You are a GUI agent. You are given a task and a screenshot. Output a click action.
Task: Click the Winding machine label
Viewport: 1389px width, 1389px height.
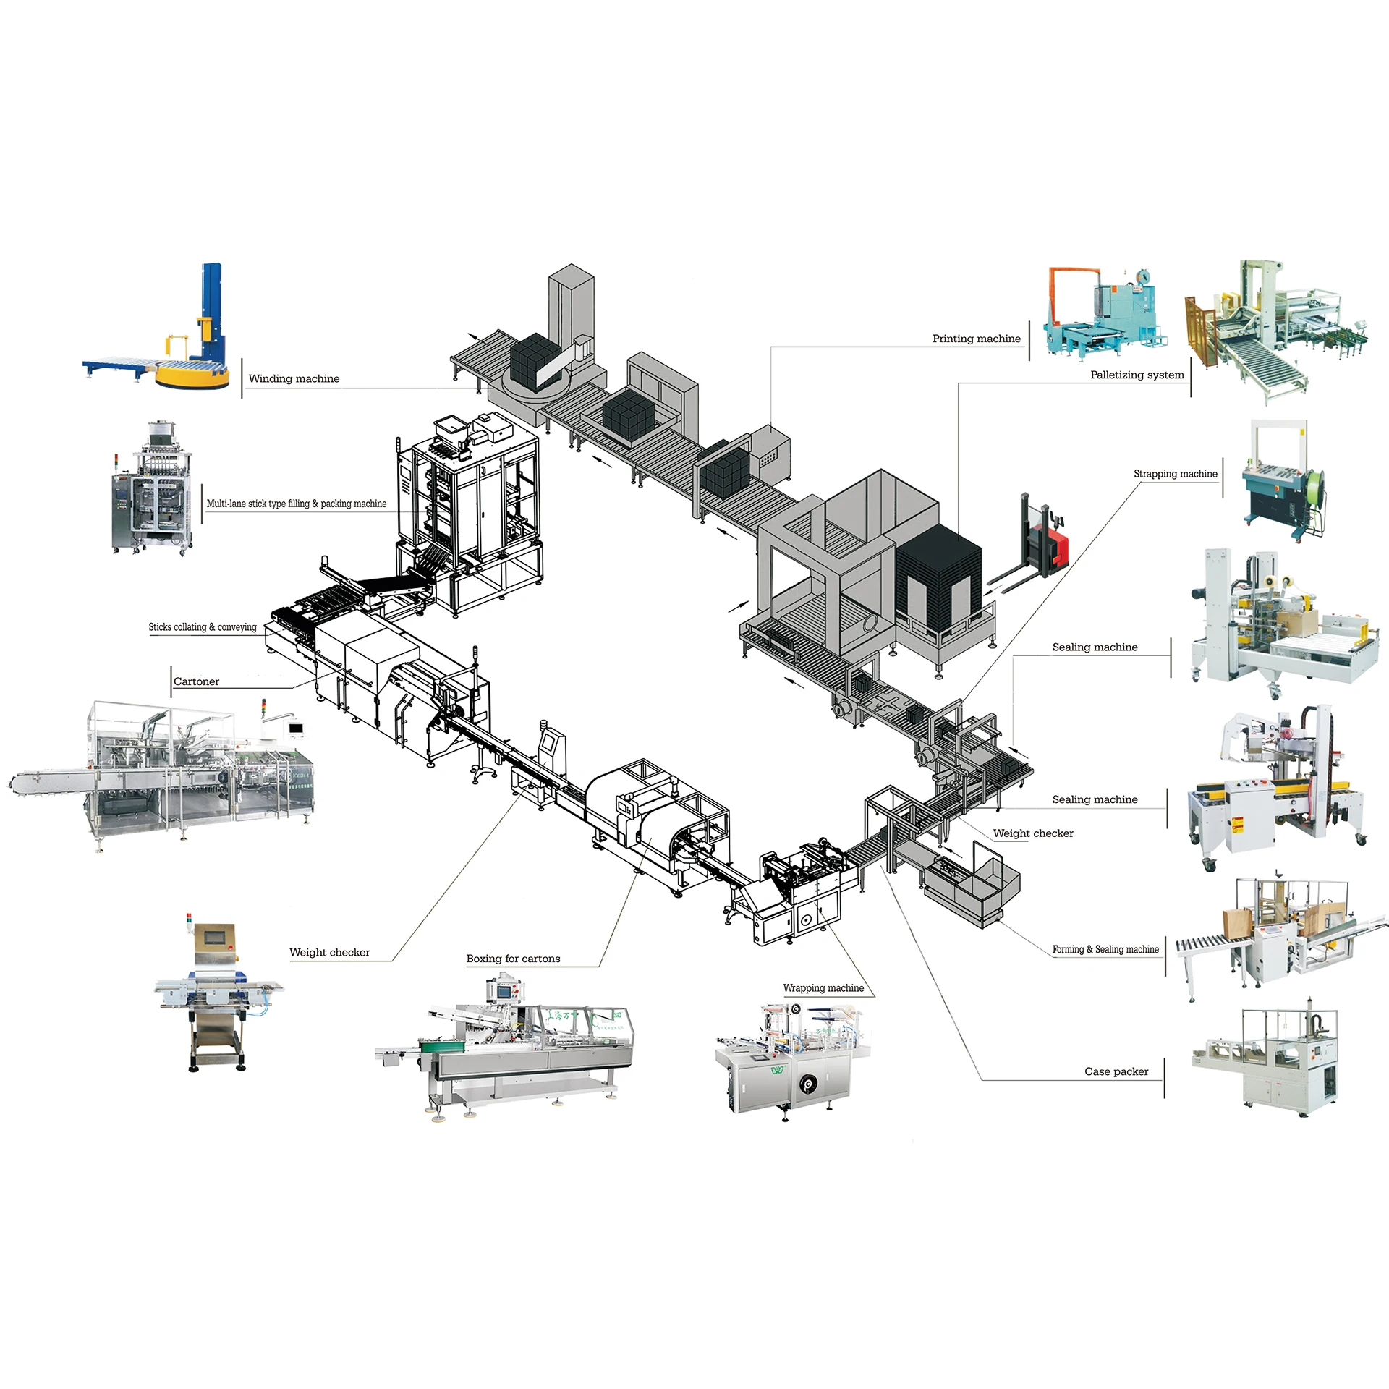(294, 378)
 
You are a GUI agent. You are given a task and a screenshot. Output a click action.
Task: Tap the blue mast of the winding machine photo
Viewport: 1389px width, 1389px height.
(212, 304)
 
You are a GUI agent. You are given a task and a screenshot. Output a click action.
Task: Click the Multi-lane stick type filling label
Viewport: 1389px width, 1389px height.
(296, 504)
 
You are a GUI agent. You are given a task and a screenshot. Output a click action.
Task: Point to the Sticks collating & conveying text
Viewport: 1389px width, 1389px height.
(203, 627)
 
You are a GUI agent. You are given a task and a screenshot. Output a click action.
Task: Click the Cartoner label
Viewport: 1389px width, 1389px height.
(196, 681)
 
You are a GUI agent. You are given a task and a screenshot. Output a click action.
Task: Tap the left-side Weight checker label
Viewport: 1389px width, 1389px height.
(329, 952)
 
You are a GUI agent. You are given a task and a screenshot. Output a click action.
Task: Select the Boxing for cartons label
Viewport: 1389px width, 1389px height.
(513, 959)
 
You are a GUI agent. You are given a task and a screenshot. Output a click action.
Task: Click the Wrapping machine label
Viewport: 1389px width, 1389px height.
(823, 988)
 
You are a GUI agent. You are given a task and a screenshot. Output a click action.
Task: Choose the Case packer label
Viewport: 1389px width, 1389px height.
(1116, 1071)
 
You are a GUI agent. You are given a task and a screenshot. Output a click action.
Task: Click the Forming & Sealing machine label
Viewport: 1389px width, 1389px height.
(1105, 949)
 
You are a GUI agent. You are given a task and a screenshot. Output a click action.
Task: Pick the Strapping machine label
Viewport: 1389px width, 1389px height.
(1175, 474)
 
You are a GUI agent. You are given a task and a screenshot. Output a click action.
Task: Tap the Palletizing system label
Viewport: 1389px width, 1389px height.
(1137, 375)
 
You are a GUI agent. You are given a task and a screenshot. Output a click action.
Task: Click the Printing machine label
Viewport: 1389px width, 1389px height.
(976, 339)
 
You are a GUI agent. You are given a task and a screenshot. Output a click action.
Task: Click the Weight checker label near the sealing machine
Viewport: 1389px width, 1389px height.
(1032, 833)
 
